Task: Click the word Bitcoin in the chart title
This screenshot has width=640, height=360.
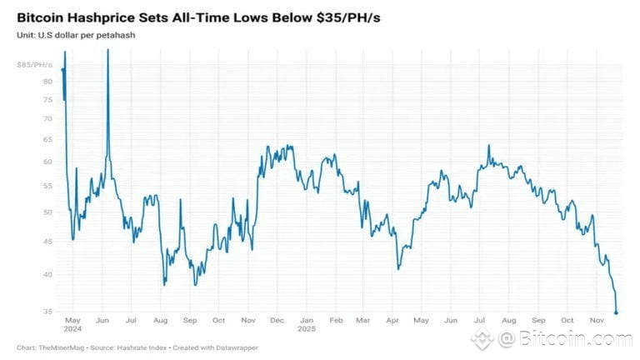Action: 42,17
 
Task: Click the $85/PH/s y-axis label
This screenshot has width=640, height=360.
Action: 34,64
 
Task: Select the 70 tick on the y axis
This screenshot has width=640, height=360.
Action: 47,118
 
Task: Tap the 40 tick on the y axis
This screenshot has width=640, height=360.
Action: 47,274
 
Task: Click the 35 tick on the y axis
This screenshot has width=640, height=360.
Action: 47,312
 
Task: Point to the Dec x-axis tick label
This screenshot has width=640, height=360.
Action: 277,320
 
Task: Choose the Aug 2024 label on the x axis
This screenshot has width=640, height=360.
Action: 161,320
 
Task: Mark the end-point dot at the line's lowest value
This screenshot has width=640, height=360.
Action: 616,312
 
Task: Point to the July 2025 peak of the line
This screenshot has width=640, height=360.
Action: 489,147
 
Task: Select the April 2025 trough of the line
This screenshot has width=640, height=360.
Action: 399,267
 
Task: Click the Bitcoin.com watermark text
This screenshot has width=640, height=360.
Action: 576,339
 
